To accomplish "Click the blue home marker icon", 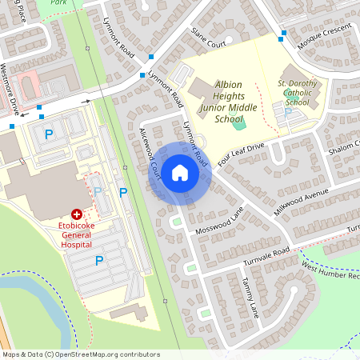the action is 180,173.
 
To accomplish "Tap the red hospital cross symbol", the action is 77,214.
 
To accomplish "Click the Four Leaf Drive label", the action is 241,152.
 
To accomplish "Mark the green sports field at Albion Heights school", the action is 238,122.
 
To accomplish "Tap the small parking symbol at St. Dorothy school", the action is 289,112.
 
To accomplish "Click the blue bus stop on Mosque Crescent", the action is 282,34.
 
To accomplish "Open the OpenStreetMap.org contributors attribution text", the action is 104,354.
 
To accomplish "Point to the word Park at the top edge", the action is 58,2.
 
